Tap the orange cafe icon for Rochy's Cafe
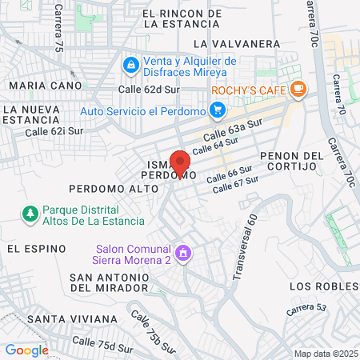pyautogui.click(x=298, y=89)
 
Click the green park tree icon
pyautogui.click(x=30, y=214)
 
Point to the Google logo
pyautogui.click(x=26, y=350)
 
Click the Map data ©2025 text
pyautogui.click(x=325, y=354)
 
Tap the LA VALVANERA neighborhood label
pyautogui.click(x=236, y=43)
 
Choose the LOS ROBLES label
pyautogui.click(x=323, y=286)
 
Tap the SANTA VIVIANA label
pyautogui.click(x=71, y=319)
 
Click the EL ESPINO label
pyautogui.click(x=36, y=249)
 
